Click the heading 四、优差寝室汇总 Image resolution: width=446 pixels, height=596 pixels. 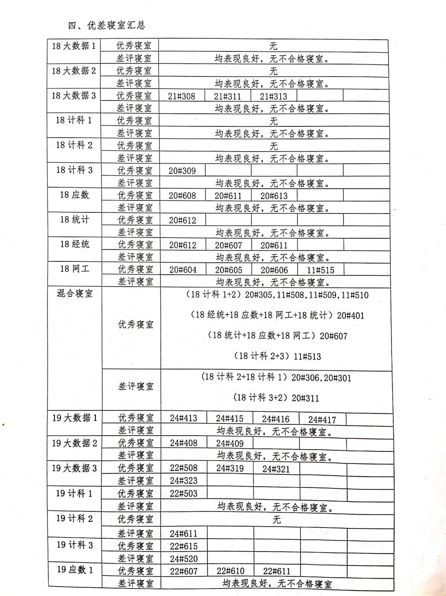[x=106, y=25]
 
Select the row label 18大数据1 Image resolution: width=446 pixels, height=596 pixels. [x=74, y=46]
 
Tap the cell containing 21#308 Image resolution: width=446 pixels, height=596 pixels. [x=182, y=96]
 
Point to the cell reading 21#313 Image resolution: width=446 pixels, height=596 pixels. [x=274, y=96]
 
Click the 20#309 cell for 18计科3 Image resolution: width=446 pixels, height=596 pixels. [x=182, y=171]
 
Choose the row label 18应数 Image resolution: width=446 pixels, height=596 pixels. [x=74, y=195]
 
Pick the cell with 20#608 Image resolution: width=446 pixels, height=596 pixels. [x=182, y=196]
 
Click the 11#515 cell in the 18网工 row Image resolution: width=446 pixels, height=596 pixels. [x=321, y=270]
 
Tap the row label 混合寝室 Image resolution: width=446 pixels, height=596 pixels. [x=74, y=293]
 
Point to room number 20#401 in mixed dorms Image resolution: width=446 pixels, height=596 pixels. [x=350, y=315]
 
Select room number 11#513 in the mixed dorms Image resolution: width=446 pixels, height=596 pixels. [x=307, y=356]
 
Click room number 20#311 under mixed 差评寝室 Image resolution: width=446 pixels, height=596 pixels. [x=305, y=398]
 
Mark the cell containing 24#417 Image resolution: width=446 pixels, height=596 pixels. [x=322, y=420]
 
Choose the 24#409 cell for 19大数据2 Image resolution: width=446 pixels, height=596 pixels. [x=230, y=444]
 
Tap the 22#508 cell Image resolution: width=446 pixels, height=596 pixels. [x=183, y=468]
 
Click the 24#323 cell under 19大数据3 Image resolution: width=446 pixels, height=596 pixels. [x=183, y=481]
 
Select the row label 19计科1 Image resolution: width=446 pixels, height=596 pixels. [x=74, y=494]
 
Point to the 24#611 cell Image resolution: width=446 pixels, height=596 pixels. [x=183, y=533]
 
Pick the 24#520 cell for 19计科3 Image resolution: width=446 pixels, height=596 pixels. [x=183, y=559]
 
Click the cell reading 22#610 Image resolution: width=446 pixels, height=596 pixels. [x=230, y=571]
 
